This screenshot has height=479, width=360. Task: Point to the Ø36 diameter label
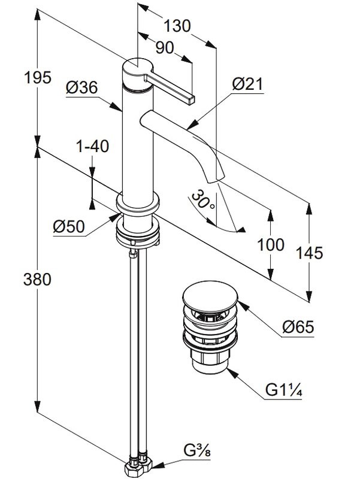click(x=82, y=87)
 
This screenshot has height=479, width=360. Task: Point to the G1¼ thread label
click(x=284, y=392)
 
